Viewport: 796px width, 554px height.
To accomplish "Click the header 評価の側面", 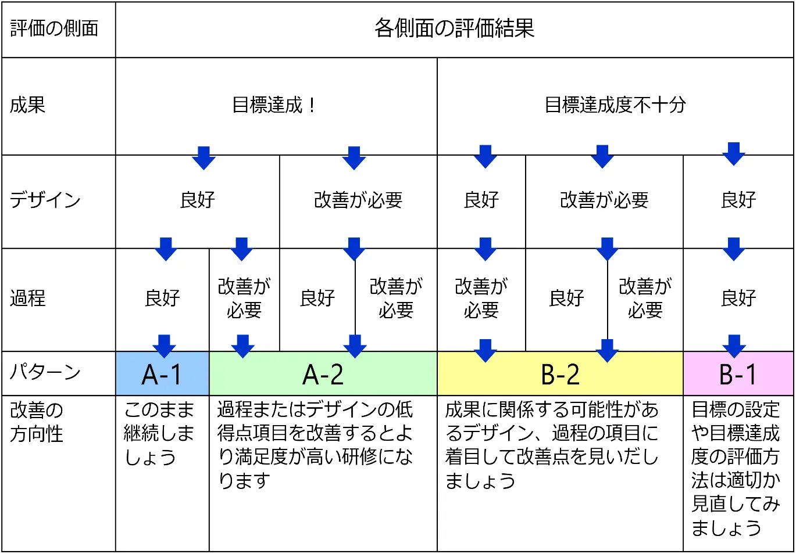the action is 54,28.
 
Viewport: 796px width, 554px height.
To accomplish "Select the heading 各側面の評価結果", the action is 454,28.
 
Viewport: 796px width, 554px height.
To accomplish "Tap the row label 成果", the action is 28,105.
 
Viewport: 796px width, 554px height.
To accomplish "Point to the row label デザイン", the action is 45,200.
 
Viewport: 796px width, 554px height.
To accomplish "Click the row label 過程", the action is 28,298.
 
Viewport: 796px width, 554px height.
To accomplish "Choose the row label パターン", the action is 45,372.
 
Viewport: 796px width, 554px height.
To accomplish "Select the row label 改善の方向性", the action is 37,422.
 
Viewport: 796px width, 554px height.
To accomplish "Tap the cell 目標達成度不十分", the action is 615,105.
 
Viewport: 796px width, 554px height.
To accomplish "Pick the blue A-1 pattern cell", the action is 162,373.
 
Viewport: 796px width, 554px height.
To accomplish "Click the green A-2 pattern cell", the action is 323,373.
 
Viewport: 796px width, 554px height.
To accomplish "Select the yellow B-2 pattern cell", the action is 560,373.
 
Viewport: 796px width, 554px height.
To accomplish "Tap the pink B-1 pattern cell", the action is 738,373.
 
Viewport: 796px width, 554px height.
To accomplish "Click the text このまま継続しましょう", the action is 159,433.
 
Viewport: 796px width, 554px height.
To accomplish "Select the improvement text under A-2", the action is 315,445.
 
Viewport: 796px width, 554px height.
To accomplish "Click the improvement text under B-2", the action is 552,445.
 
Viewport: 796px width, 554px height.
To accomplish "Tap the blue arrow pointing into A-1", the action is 164,346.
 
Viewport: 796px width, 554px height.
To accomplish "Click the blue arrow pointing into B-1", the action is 734,346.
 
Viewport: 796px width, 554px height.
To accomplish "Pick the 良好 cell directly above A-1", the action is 162,298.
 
